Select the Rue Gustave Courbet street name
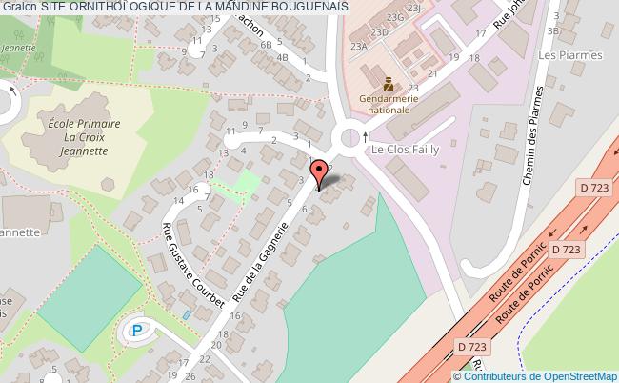[194, 265]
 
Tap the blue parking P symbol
[139, 331]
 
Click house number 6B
[268, 44]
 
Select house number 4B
[282, 57]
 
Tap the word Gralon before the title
[19, 8]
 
